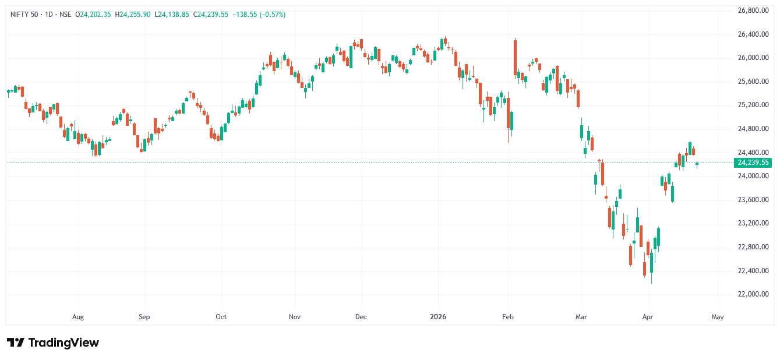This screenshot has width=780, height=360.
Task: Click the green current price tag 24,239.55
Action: [x=753, y=163]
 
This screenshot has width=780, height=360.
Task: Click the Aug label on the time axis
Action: [x=78, y=317]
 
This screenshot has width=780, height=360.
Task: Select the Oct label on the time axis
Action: [x=221, y=317]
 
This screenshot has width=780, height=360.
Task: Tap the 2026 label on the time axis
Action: [x=438, y=317]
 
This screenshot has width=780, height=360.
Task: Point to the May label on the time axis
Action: [x=718, y=317]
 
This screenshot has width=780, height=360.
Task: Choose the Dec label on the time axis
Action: [x=361, y=317]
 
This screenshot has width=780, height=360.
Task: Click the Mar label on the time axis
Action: [x=581, y=317]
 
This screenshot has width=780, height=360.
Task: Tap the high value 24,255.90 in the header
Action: [x=135, y=15]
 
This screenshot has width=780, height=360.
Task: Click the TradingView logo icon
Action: [x=16, y=343]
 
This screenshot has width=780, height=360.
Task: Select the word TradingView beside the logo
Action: [x=63, y=343]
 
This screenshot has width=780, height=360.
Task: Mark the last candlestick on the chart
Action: [x=697, y=164]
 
